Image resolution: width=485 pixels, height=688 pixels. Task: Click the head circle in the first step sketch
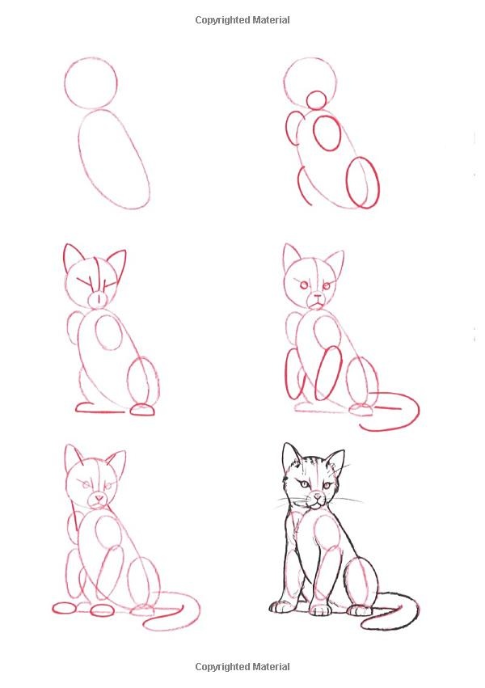65,83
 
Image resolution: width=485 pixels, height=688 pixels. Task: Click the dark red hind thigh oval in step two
348,182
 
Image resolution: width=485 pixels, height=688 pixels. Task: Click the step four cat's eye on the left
303,285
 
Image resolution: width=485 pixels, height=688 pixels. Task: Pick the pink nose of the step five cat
99,498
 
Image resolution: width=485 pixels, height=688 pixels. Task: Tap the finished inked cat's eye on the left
303,484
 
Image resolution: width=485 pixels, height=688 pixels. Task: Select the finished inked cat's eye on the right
327,485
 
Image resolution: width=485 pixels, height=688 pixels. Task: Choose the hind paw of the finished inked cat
360,610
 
